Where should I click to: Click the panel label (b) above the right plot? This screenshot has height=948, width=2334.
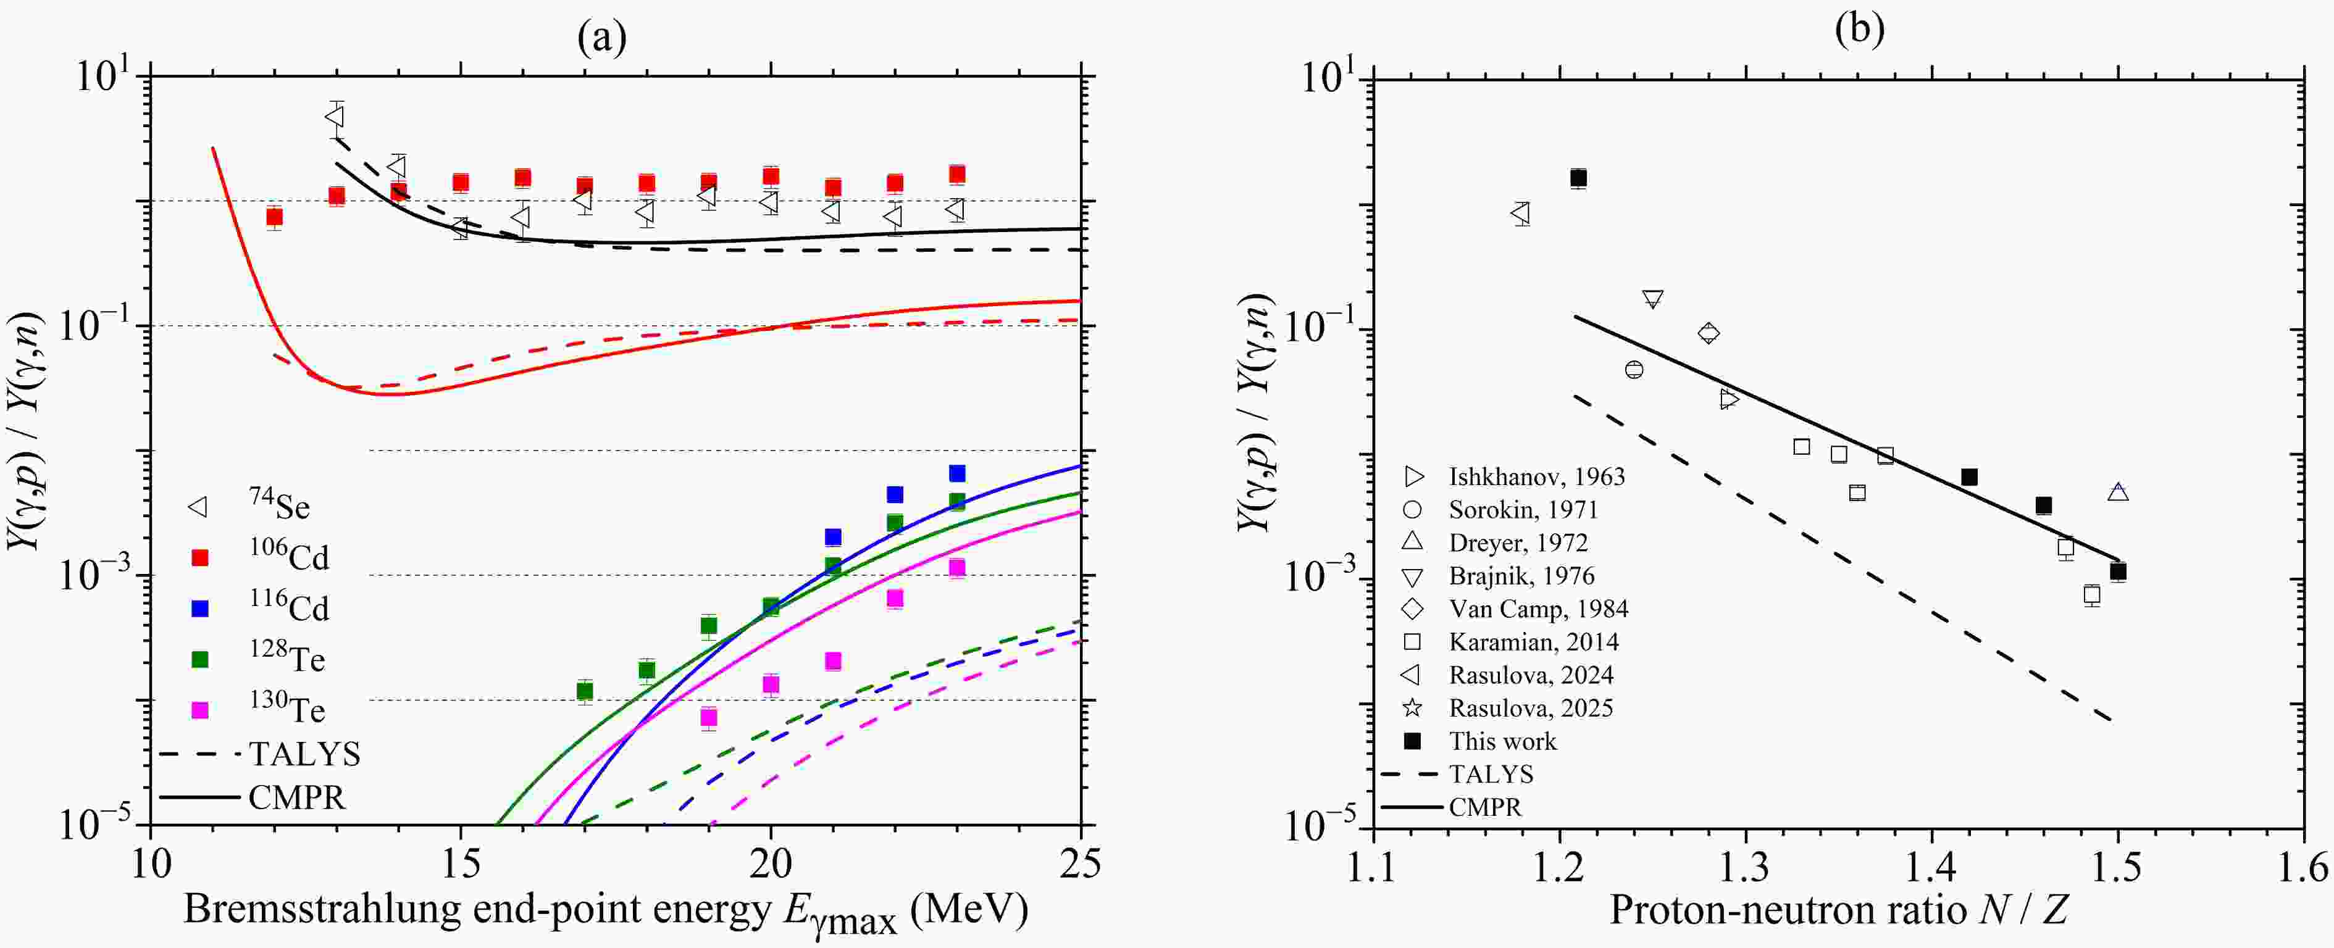coord(1859,29)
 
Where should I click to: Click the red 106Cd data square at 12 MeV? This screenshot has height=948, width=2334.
coord(274,217)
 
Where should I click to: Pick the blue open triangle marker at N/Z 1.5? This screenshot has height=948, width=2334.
coord(2117,493)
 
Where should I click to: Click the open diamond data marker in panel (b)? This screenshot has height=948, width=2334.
coord(1708,333)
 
